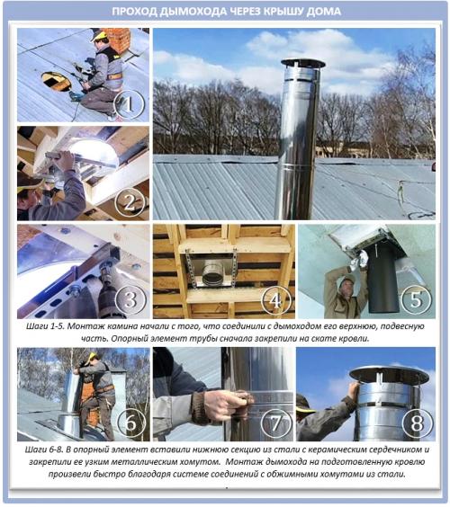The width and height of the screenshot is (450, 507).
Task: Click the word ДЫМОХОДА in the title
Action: click(193, 12)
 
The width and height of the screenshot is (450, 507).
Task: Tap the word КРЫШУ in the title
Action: click(283, 12)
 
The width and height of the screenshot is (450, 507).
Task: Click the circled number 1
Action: click(130, 103)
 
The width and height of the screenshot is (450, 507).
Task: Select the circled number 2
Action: click(130, 203)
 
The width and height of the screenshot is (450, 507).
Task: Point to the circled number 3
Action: click(130, 300)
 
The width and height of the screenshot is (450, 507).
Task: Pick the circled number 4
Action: click(275, 301)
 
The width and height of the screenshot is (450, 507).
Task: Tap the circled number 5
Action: click(417, 299)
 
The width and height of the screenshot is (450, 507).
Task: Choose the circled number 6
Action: click(131, 423)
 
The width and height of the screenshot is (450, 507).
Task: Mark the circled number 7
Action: click(275, 423)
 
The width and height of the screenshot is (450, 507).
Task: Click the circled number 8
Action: click(417, 423)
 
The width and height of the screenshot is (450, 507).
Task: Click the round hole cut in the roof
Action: click(56, 81)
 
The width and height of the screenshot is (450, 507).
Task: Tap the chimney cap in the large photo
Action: click(302, 64)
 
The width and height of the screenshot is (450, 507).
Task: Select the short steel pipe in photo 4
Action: click(212, 273)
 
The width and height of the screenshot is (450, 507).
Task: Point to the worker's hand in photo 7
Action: click(222, 405)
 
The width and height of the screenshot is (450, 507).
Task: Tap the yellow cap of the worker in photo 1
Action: click(99, 35)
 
